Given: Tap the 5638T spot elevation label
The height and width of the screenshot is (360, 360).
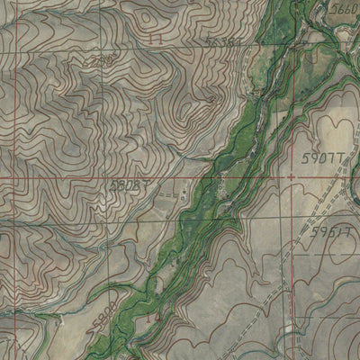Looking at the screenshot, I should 222,41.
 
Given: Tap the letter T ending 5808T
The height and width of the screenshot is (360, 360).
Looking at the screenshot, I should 146,184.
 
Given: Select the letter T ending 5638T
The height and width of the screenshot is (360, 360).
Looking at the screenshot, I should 238,41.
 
